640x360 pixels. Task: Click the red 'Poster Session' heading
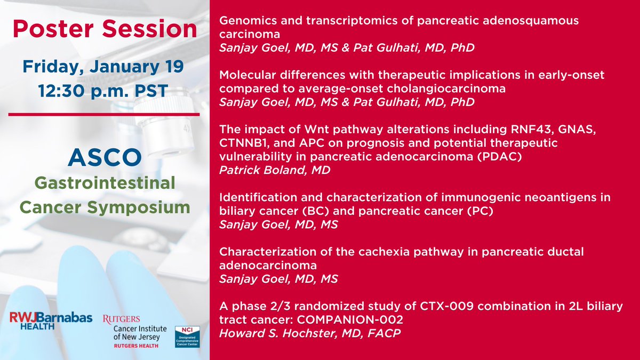click(x=105, y=29)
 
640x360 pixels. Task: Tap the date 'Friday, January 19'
click(x=103, y=67)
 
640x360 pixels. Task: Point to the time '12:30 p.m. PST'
click(x=103, y=91)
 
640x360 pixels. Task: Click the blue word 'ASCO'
click(x=105, y=157)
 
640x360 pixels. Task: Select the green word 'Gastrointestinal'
click(x=105, y=183)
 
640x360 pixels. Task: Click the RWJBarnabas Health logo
click(x=51, y=321)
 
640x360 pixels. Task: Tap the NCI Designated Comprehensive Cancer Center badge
click(x=187, y=337)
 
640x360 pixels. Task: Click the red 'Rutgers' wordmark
click(x=121, y=319)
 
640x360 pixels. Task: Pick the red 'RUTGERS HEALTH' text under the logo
click(x=136, y=346)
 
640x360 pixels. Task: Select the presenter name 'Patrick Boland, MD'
click(x=275, y=170)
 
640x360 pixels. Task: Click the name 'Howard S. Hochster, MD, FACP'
click(x=310, y=333)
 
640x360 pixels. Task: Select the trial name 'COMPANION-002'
click(x=350, y=319)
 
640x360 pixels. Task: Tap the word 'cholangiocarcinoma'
click(x=446, y=89)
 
